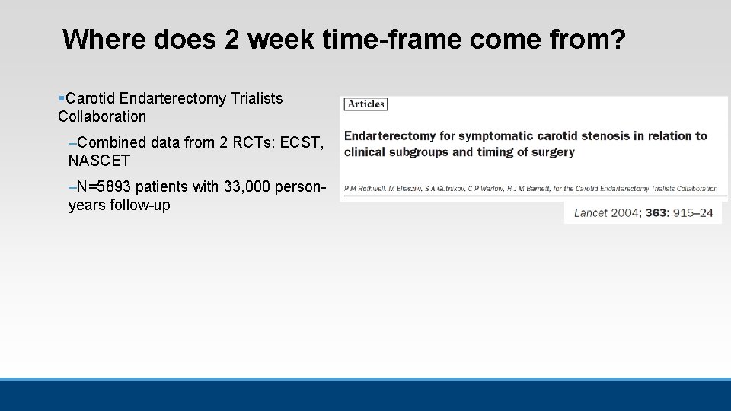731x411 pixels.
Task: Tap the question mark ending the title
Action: (616, 39)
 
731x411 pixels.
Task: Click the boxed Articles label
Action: (366, 104)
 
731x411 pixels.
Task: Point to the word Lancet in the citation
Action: (590, 212)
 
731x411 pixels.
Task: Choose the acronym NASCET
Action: (99, 161)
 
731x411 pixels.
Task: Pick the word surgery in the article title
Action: (551, 151)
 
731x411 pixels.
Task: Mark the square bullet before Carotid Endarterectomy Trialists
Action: (61, 99)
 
